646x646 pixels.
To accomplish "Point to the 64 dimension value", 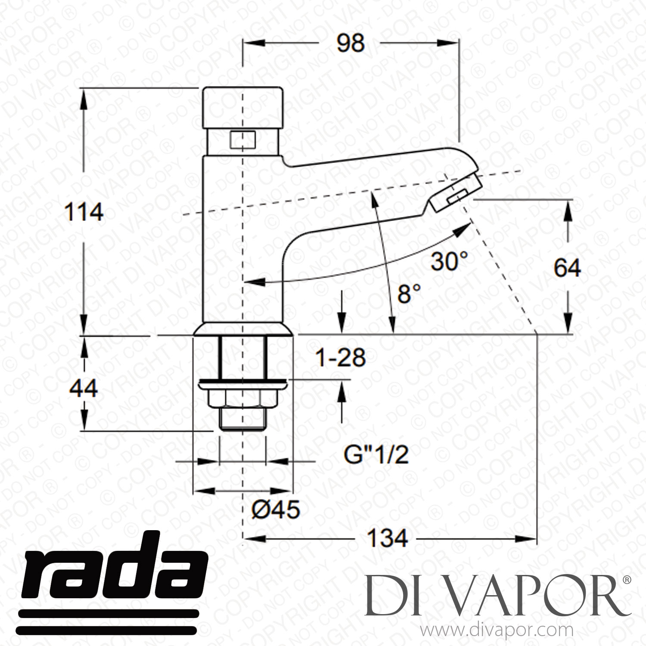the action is [567, 268].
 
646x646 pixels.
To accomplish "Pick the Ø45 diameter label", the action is [275, 510].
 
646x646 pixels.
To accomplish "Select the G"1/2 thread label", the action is [376, 455].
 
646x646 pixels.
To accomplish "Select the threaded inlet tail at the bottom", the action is [243, 418].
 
